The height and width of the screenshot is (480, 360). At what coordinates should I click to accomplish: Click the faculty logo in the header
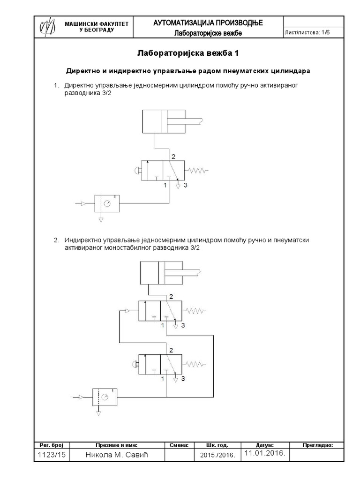pyautogui.click(x=47, y=26)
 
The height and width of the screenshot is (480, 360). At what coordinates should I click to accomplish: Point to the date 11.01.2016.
pyautogui.click(x=264, y=454)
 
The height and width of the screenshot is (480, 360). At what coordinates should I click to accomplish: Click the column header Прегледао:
pyautogui.click(x=318, y=445)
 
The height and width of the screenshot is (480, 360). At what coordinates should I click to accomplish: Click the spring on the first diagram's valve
pyautogui.click(x=197, y=171)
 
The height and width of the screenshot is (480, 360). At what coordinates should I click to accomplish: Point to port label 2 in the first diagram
pyautogui.click(x=173, y=156)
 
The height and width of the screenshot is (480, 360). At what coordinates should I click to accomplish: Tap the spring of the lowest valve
pyautogui.click(x=197, y=364)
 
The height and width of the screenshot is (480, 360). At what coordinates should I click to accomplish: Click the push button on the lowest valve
pyautogui.click(x=135, y=364)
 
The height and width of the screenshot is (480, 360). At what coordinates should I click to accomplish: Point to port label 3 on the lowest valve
pyautogui.click(x=183, y=378)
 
